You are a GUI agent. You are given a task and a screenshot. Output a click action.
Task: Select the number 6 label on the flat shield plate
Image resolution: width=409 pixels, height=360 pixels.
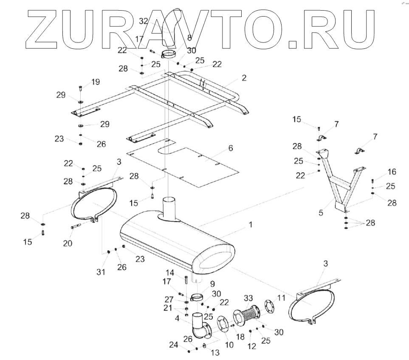pos(230,148)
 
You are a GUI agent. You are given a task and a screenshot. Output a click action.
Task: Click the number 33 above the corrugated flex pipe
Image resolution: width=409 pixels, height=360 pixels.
pos(248,298)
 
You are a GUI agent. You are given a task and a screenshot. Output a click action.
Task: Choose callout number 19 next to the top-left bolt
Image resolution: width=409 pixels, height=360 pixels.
pos(96,82)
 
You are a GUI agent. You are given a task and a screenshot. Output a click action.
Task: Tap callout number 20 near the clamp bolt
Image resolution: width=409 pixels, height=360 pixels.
pos(68,243)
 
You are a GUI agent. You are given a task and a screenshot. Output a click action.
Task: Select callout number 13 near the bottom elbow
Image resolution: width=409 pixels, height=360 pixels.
pos(215,353)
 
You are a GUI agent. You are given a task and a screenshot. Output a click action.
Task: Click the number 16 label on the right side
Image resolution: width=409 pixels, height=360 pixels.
pos(392,172)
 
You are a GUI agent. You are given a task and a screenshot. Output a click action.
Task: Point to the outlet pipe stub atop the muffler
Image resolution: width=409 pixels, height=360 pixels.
pos(170,208)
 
